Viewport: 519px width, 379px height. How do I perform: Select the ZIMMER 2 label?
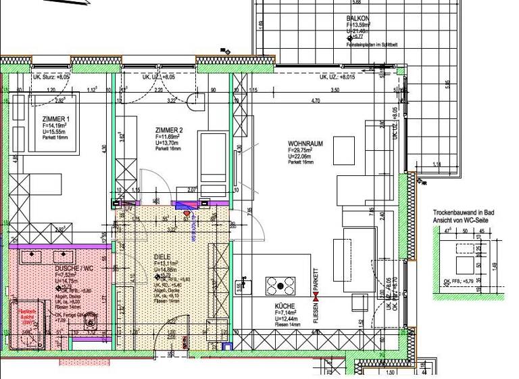169,130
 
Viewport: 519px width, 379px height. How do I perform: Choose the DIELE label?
162,256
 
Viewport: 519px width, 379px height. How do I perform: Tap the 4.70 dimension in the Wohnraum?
314,102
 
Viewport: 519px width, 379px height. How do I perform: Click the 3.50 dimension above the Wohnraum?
334,90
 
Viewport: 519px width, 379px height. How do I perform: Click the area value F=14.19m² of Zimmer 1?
46,125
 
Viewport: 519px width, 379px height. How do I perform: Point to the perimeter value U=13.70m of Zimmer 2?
167,143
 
